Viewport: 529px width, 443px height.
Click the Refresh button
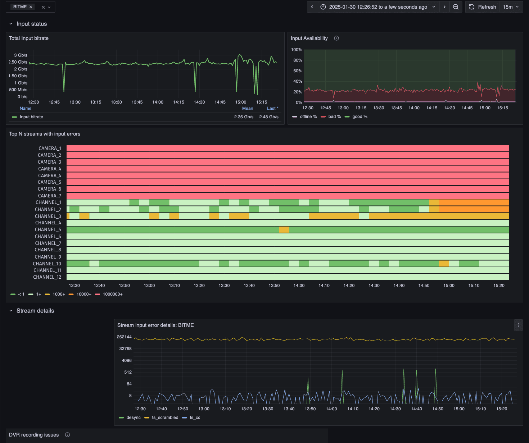(482, 7)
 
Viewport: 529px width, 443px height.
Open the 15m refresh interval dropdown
(511, 7)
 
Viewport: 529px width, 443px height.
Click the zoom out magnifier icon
(456, 7)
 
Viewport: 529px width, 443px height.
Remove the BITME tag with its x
(31, 7)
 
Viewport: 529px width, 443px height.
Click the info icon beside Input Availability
(336, 38)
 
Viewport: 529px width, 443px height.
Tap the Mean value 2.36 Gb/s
(244, 117)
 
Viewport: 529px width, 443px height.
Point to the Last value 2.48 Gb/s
(268, 117)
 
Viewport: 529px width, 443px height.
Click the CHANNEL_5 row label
(48, 229)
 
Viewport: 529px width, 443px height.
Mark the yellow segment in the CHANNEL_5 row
(284, 229)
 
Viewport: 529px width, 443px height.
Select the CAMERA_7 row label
(50, 196)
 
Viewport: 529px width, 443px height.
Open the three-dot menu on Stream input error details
(518, 325)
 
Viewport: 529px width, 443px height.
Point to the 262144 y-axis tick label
(124, 337)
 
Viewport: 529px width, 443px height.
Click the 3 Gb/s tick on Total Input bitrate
(21, 55)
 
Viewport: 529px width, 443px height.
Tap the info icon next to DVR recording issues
(67, 435)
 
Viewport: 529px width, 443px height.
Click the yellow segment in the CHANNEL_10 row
(444, 264)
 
